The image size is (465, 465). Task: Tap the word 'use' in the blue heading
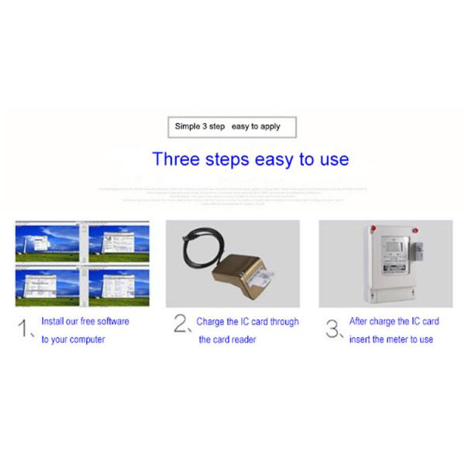(332, 160)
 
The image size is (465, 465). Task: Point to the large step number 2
(181, 326)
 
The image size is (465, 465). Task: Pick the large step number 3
(332, 328)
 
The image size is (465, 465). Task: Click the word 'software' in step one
(112, 321)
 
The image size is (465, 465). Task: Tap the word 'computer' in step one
(87, 339)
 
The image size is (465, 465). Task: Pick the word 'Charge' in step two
(213, 321)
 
